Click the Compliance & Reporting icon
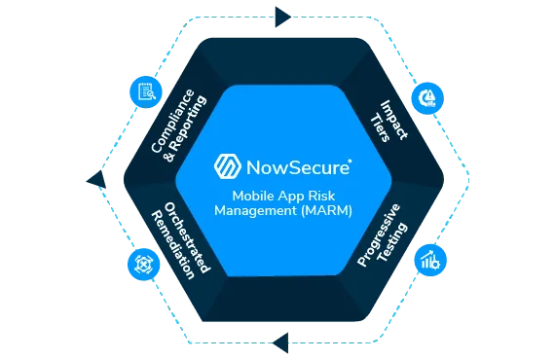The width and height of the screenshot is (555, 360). [x=144, y=91]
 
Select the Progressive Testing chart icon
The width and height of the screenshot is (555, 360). [x=428, y=260]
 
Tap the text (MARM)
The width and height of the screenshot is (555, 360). [x=327, y=208]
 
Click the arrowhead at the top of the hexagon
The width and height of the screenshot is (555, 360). [x=282, y=18]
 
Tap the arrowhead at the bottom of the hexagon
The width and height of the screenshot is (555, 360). [x=280, y=341]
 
